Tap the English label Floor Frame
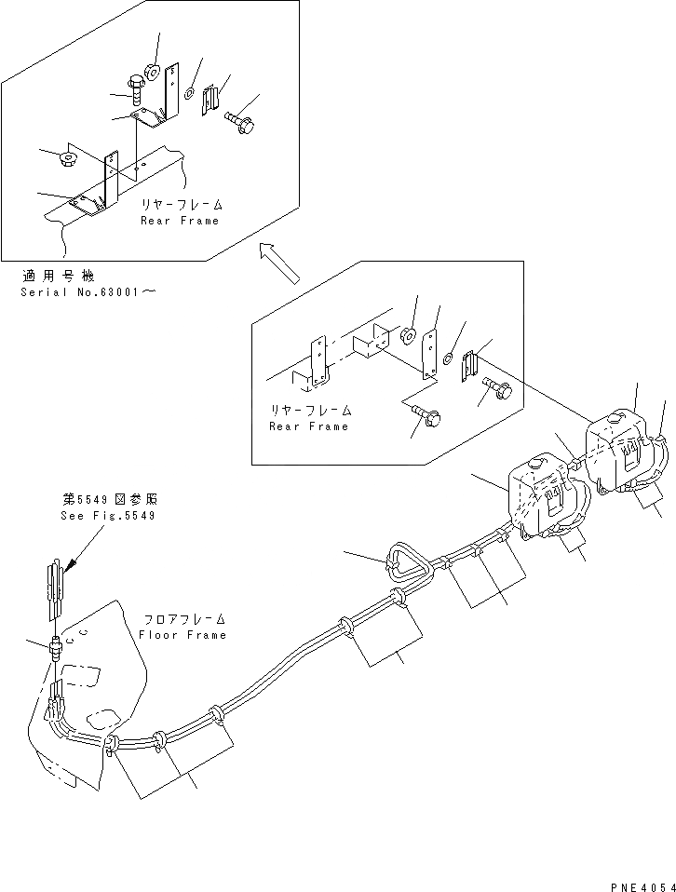click(x=183, y=635)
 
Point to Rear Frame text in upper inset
click(x=180, y=221)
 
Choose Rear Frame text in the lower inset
click(x=308, y=426)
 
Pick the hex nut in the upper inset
click(x=69, y=157)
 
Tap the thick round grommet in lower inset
click(x=407, y=333)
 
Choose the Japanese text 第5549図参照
click(x=104, y=500)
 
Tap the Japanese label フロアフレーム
click(x=185, y=620)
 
